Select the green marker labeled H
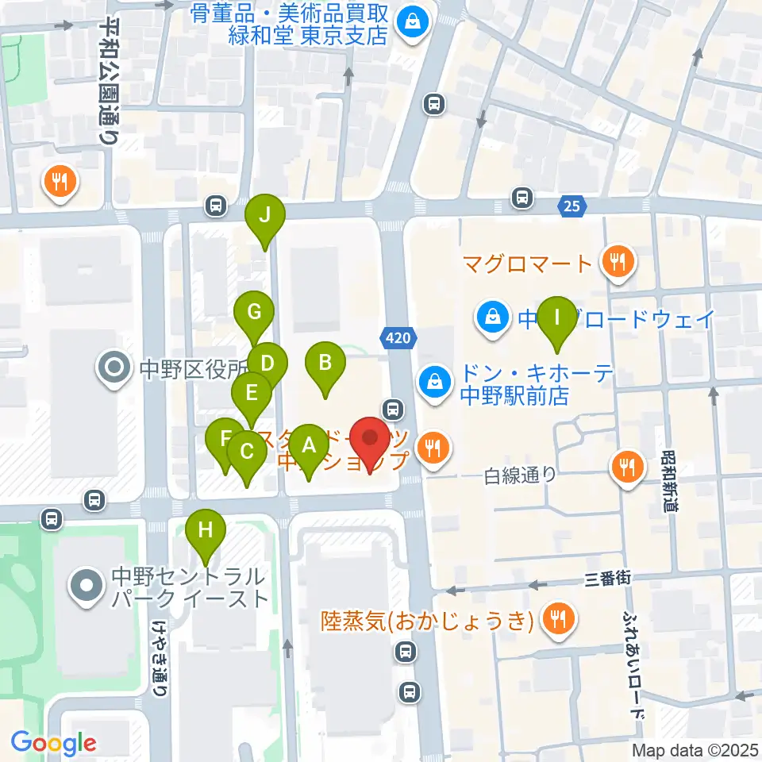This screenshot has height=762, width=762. click(x=206, y=531)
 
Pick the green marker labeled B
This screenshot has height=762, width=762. click(x=325, y=364)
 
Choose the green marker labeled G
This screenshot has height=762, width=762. click(x=254, y=313)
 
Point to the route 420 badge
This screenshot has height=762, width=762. click(x=399, y=338)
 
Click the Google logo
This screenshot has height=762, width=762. click(x=53, y=743)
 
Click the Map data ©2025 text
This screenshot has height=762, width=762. click(x=695, y=749)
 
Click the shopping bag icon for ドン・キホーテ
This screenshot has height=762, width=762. click(x=435, y=379)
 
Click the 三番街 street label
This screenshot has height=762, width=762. click(x=608, y=579)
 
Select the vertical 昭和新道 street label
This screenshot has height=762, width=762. click(x=671, y=483)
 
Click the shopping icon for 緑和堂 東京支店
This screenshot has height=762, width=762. click(x=413, y=23)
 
